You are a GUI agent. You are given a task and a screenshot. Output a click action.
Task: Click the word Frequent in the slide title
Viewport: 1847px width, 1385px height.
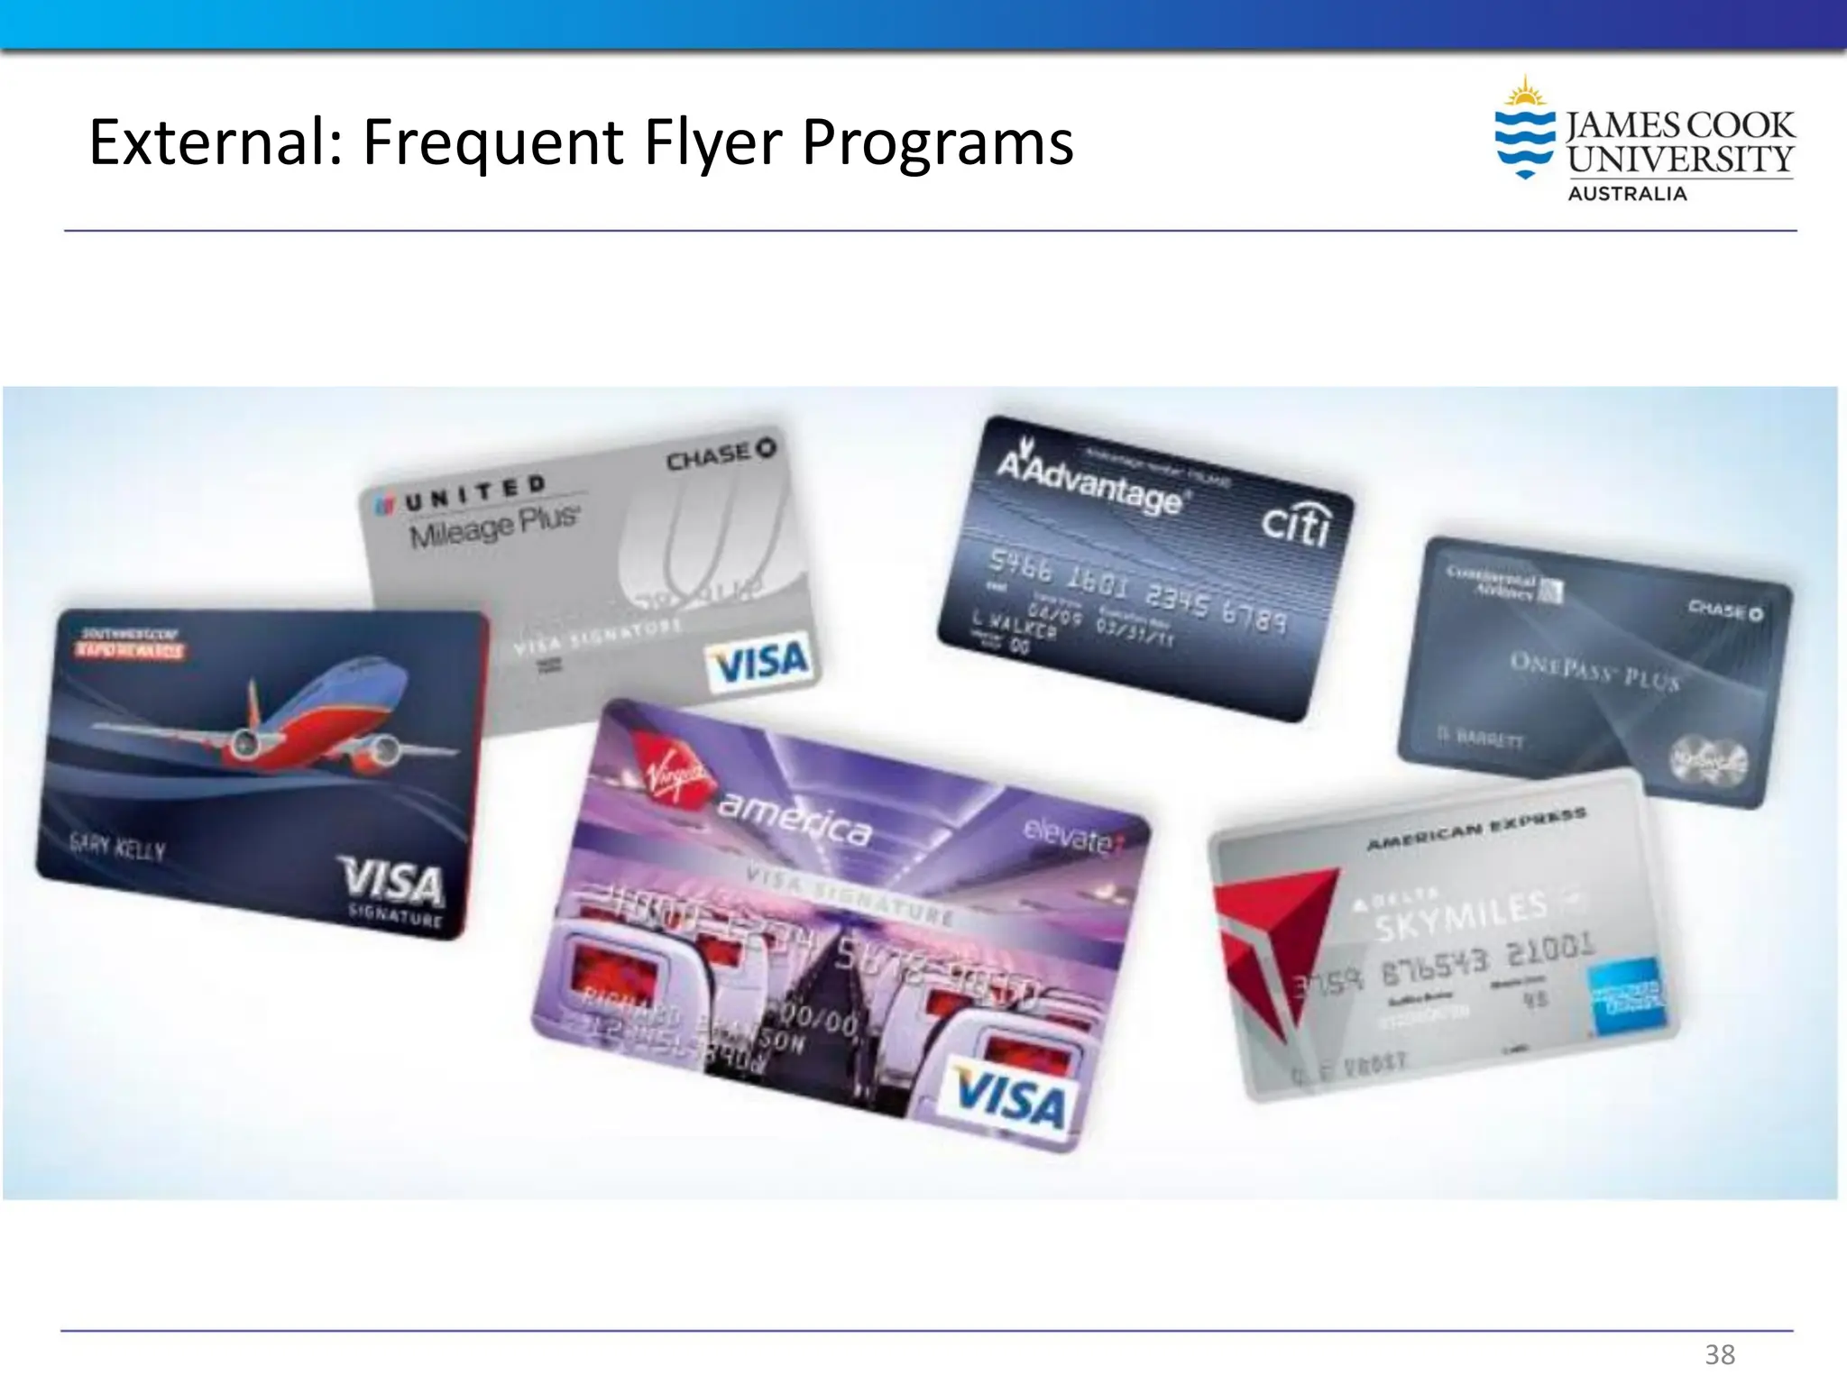click(x=493, y=142)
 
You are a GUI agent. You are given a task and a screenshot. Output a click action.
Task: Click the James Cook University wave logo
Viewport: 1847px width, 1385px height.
click(x=1525, y=132)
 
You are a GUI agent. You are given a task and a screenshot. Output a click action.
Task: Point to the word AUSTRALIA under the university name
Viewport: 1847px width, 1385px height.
click(x=1627, y=194)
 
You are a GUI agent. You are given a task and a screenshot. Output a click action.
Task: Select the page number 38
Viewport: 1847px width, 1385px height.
click(x=1720, y=1354)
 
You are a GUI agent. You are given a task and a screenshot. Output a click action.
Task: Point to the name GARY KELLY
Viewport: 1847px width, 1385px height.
click(x=118, y=848)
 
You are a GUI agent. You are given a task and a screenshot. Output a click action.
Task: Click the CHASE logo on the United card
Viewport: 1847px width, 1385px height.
click(x=721, y=454)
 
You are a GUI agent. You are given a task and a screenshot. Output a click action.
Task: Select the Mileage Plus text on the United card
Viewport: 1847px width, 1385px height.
click(x=493, y=526)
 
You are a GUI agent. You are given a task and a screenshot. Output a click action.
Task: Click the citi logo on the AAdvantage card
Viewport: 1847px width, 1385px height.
click(x=1295, y=523)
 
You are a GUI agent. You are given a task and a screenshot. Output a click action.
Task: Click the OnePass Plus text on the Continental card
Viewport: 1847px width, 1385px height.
click(x=1594, y=672)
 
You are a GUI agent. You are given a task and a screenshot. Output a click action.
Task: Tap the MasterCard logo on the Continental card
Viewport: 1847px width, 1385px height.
click(x=1708, y=760)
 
